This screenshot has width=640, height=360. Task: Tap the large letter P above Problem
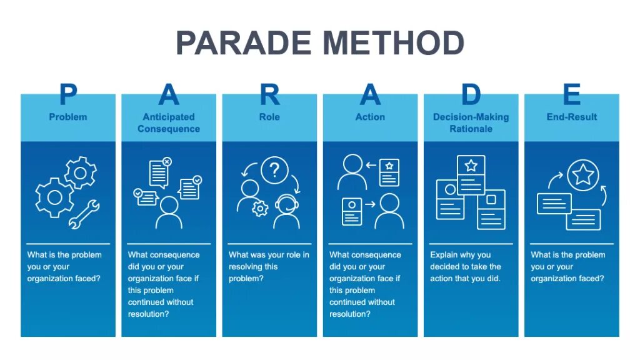[x=68, y=95]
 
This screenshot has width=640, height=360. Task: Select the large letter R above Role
[x=269, y=95]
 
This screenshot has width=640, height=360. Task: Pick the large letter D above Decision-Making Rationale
[x=471, y=95]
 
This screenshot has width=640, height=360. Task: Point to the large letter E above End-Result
[x=571, y=95]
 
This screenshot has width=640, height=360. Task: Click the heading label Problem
[x=68, y=117]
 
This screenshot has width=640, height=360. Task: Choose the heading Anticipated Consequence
[x=169, y=122]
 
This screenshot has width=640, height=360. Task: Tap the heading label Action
[x=370, y=117]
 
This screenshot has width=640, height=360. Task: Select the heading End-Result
[x=571, y=117]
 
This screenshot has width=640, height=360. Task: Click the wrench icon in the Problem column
[x=83, y=213]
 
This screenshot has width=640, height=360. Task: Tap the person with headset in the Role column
[x=286, y=212]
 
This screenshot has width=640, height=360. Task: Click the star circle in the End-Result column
[x=583, y=175]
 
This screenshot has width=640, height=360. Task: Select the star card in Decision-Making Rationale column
[x=471, y=174]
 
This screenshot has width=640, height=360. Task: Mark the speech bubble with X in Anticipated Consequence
[x=159, y=173]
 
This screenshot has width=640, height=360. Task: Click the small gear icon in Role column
[x=260, y=209]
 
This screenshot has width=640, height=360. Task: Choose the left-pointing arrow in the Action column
[x=371, y=166]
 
